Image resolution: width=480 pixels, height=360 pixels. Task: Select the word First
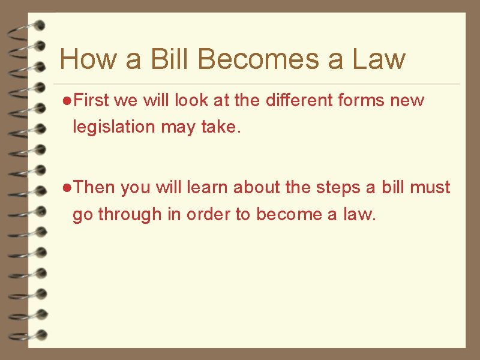click(x=92, y=101)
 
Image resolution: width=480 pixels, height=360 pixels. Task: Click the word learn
click(x=207, y=188)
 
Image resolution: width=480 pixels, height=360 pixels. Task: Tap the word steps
click(x=337, y=188)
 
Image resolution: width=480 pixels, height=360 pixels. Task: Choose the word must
click(x=430, y=188)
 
